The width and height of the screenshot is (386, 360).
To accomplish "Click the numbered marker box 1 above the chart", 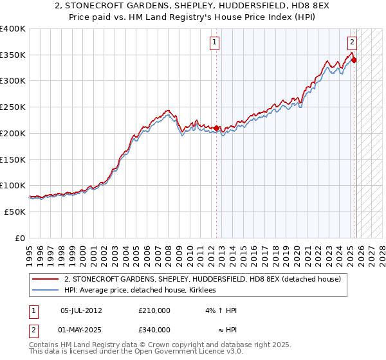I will (214, 43).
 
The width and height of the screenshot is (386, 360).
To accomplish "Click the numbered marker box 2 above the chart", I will (353, 43).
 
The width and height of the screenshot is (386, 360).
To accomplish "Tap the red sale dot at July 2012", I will (216, 128).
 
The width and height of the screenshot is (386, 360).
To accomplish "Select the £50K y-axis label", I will (15, 212).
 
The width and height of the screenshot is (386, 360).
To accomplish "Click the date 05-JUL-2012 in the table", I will (81, 310).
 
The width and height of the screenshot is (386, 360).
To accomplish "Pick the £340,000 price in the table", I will (154, 330).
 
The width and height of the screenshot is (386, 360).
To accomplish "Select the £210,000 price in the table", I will (154, 310).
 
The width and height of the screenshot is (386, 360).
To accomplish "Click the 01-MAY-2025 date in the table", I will (81, 330).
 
